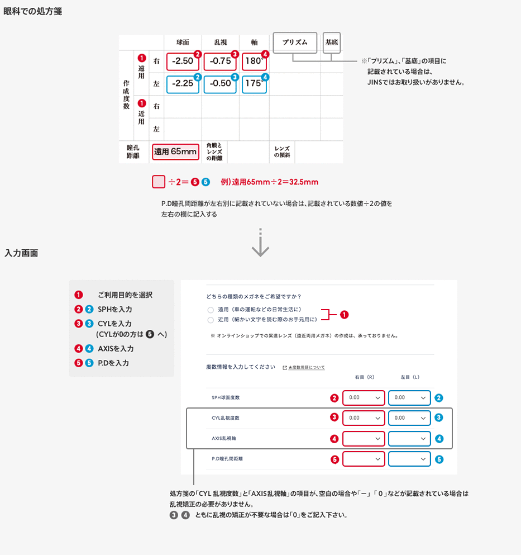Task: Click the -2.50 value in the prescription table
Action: click(x=183, y=61)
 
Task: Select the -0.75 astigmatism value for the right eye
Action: click(x=221, y=61)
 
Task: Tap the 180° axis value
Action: click(x=254, y=61)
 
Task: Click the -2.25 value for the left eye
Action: click(x=183, y=83)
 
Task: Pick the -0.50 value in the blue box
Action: click(x=221, y=83)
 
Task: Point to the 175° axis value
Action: click(x=254, y=83)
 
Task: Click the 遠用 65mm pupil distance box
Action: click(x=175, y=151)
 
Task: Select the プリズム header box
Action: click(x=295, y=42)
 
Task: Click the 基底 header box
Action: click(x=332, y=42)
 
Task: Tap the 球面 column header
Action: click(x=183, y=42)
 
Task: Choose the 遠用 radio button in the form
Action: click(x=211, y=310)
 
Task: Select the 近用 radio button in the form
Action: click(x=211, y=320)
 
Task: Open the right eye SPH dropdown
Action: click(x=364, y=398)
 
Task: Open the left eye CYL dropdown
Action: click(x=409, y=418)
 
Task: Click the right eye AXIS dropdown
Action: click(x=364, y=439)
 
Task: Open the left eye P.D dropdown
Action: click(x=409, y=459)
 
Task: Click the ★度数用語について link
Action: click(x=306, y=367)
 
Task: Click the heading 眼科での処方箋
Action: click(x=32, y=11)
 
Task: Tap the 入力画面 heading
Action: click(x=21, y=253)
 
